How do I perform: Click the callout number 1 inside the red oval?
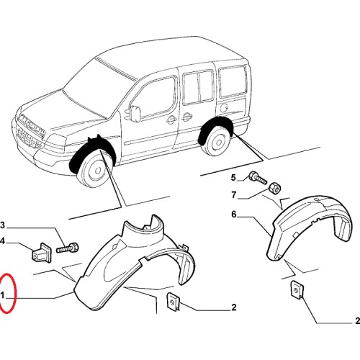coord(3,295)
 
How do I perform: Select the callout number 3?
coord(2,225)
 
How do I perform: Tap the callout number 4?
coord(2,240)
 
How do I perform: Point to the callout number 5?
coord(233,178)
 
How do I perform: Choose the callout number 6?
coord(234,214)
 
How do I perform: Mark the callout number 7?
coord(234,195)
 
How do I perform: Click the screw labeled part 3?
coord(68,248)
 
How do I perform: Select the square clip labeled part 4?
coord(41,253)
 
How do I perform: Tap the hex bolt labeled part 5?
coord(258,178)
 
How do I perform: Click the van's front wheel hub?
coord(97,171)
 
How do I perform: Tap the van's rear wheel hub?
coord(219,143)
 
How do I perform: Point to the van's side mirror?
coord(135,113)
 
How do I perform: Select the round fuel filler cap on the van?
coord(224,108)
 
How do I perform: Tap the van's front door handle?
coord(171,120)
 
